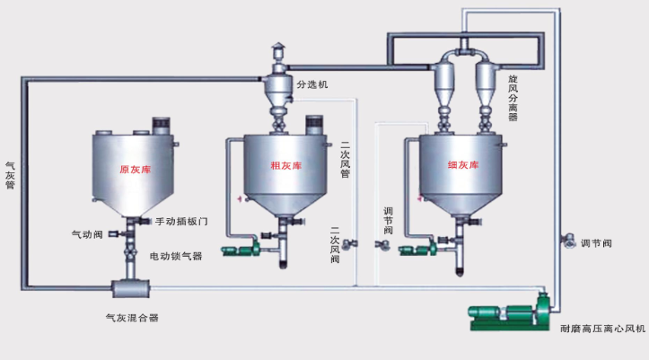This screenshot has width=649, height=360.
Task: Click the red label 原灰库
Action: pyautogui.click(x=136, y=170)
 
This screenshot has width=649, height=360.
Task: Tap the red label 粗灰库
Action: pyautogui.click(x=286, y=166)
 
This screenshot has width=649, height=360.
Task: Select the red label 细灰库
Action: pyautogui.click(x=463, y=165)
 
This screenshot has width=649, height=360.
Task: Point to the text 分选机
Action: pyautogui.click(x=312, y=84)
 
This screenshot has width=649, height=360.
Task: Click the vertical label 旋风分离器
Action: pyautogui.click(x=513, y=98)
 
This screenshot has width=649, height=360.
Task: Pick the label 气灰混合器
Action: pyautogui.click(x=133, y=318)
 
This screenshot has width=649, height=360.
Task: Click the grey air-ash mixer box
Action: pyautogui.click(x=130, y=288)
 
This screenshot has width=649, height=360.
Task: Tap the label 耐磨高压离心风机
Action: pyautogui.click(x=602, y=329)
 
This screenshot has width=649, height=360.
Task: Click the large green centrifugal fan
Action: pyautogui.click(x=513, y=312)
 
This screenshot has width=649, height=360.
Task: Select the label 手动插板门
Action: pyautogui.click(x=181, y=222)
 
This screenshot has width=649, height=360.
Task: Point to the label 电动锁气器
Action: pyautogui.click(x=176, y=256)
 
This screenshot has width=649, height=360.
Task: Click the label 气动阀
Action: pyautogui.click(x=87, y=234)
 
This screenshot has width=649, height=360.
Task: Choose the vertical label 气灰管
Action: pyautogui.click(x=10, y=175)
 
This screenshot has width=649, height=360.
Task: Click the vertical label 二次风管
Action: pyautogui.click(x=345, y=160)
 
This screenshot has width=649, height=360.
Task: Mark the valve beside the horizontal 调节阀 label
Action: pyautogui.click(x=569, y=241)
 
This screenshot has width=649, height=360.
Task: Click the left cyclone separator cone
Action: pyautogui.click(x=443, y=84)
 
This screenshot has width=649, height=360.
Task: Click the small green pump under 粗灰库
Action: pyautogui.click(x=241, y=249)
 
